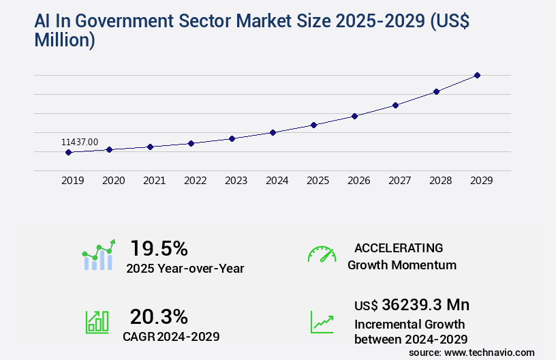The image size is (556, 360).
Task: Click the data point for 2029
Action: [477, 75]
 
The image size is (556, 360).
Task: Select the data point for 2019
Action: [68, 152]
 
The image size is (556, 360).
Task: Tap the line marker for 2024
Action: [273, 132]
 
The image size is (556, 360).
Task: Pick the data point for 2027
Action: [395, 105]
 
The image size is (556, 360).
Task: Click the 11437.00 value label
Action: [80, 142]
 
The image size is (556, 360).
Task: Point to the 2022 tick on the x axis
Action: [195, 181]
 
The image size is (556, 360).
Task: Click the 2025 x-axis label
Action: [318, 181]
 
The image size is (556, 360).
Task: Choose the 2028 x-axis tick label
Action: [440, 181]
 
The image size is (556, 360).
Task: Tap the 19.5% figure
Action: [159, 248]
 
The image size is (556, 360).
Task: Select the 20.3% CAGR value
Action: [159, 316]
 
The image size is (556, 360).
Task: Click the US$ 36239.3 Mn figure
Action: [412, 304]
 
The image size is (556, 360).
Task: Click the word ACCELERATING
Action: [399, 248]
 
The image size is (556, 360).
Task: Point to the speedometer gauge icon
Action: [322, 254]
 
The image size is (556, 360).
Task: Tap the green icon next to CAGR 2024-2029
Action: [97, 322]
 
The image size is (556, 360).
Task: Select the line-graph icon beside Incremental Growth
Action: [322, 322]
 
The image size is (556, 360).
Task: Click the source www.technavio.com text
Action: [472, 352]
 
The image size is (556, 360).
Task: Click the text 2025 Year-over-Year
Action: [185, 269]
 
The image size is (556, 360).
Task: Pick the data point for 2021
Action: [150, 147]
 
